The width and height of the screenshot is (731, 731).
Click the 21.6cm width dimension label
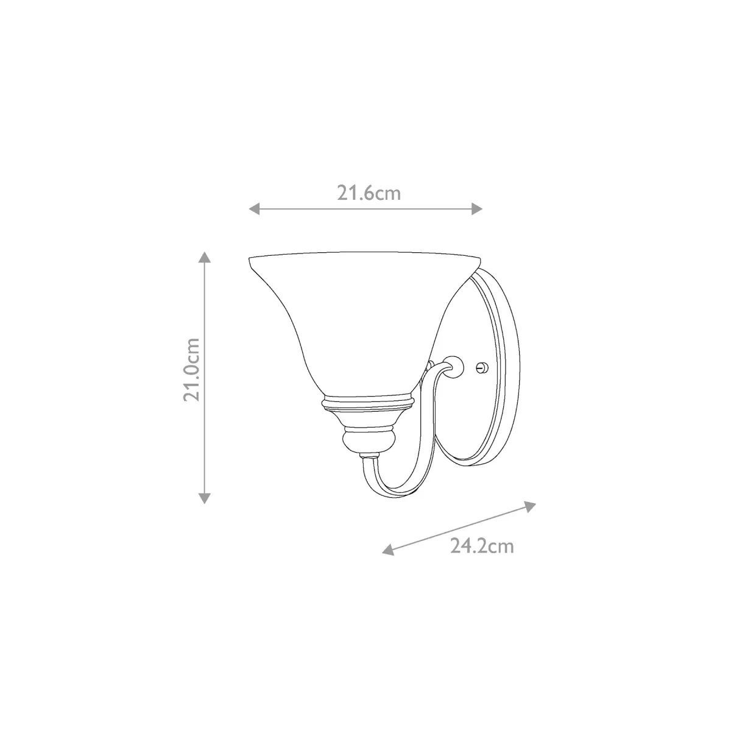(x=369, y=194)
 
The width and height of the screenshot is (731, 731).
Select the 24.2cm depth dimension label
(x=482, y=546)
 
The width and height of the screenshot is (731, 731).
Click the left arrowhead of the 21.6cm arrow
(x=255, y=208)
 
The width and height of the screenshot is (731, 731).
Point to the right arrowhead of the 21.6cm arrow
(x=476, y=208)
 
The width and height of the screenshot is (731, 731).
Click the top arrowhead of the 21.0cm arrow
(x=205, y=257)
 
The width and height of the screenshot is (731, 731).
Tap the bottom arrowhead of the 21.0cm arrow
(x=205, y=498)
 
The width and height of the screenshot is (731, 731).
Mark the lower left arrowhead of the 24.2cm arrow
(x=388, y=549)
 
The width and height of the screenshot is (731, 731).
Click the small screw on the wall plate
(x=482, y=367)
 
